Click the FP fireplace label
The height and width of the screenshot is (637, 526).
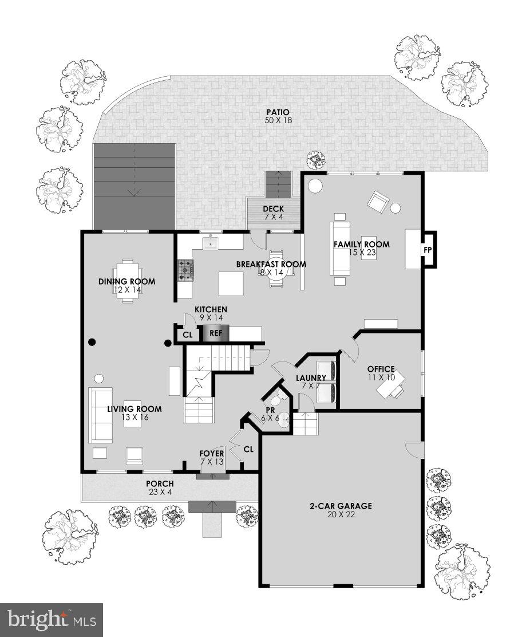click(427, 250)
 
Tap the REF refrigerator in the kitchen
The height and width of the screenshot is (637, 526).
click(216, 333)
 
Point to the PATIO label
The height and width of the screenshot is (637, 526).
click(278, 112)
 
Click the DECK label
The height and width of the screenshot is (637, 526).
click(274, 209)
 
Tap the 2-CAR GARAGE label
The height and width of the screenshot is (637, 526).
click(341, 506)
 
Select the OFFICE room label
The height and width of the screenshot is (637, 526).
click(381, 369)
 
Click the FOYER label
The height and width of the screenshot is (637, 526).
click(211, 454)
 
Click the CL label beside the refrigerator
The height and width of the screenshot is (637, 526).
click(187, 335)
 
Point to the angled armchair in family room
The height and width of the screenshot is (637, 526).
click(378, 201)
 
